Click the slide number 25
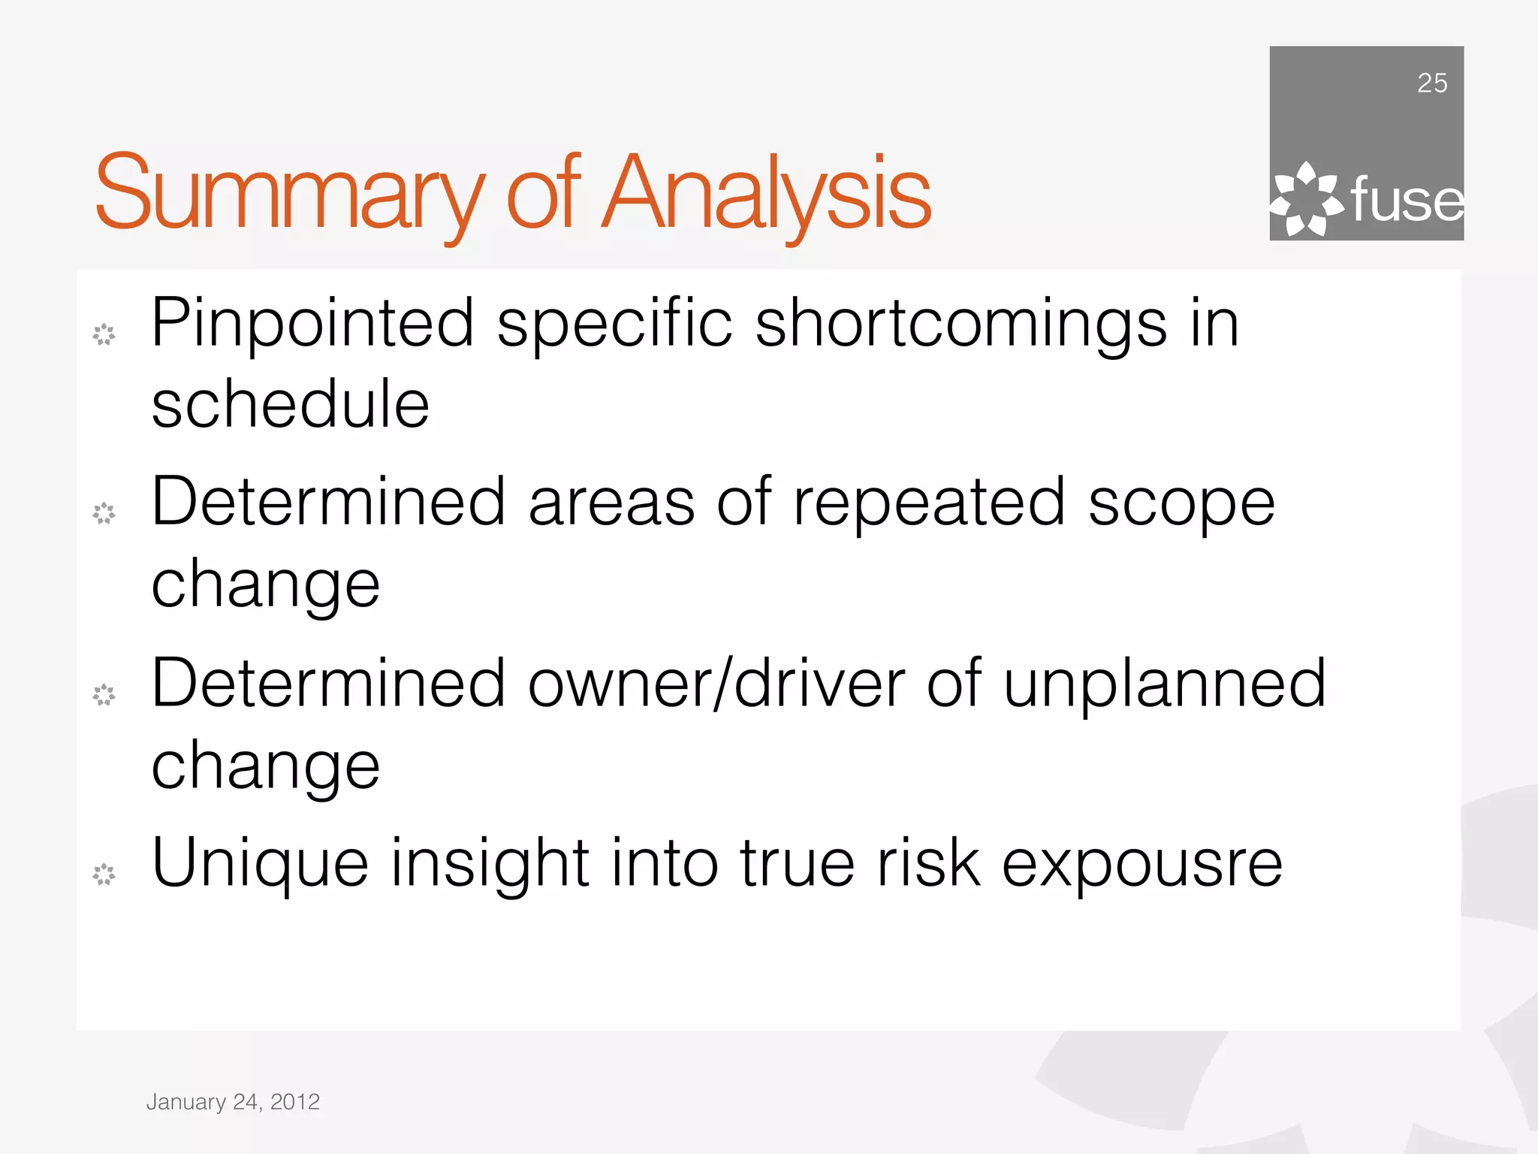point(1431,83)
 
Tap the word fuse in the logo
point(1407,201)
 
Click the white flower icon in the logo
point(1306,200)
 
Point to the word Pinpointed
point(312,324)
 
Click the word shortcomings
point(960,324)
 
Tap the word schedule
point(290,405)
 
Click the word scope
point(1181,505)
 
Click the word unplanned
point(1165,684)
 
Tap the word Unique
point(260,864)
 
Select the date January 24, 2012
point(233,1101)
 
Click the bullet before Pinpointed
point(104,334)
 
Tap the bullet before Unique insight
point(104,874)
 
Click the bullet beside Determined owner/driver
point(104,695)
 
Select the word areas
point(611,503)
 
